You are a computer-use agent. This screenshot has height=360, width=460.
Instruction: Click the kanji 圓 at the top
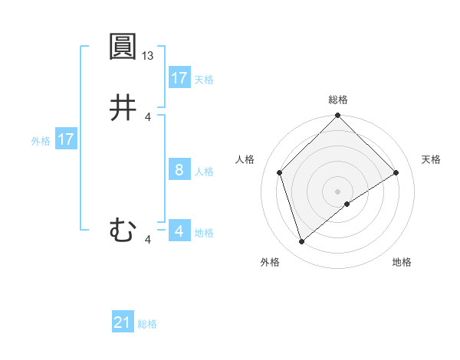pyautogui.click(x=123, y=47)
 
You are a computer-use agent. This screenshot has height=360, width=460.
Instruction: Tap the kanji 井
pyautogui.click(x=123, y=107)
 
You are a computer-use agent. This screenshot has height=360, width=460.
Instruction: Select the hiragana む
pyautogui.click(x=123, y=230)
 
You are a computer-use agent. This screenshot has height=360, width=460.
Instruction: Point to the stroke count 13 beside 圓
pyautogui.click(x=149, y=56)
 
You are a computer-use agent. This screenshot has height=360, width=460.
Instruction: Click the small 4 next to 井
pyautogui.click(x=148, y=116)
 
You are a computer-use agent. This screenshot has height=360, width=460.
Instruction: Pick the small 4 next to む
pyautogui.click(x=148, y=240)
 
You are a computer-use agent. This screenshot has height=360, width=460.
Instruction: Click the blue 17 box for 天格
pyautogui.click(x=179, y=78)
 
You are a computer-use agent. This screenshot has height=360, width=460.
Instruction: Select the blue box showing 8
pyautogui.click(x=179, y=170)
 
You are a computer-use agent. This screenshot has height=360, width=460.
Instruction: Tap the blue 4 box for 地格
pyautogui.click(x=179, y=231)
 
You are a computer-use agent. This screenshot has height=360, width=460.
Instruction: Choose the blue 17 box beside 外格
pyautogui.click(x=66, y=139)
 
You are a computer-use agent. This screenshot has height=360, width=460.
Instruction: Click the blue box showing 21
pyautogui.click(x=123, y=322)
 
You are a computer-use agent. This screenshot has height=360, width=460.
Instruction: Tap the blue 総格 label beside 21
pyautogui.click(x=147, y=324)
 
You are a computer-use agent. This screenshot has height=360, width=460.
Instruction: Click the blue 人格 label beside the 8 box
pyautogui.click(x=204, y=172)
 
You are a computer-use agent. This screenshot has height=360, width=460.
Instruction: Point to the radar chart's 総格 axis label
pyautogui.click(x=338, y=100)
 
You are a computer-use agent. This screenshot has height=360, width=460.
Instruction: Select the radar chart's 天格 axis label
pyautogui.click(x=431, y=159)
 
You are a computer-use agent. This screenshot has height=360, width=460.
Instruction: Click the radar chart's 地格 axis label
pyautogui.click(x=402, y=263)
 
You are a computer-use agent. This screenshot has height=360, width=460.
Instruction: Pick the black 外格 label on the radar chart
pyautogui.click(x=270, y=263)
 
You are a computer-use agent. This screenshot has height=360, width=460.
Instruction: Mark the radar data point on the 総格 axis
pyautogui.click(x=338, y=116)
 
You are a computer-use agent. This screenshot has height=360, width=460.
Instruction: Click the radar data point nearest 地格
pyautogui.click(x=347, y=204)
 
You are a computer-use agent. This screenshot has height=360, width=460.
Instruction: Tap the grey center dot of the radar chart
pyautogui.click(x=338, y=191)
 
